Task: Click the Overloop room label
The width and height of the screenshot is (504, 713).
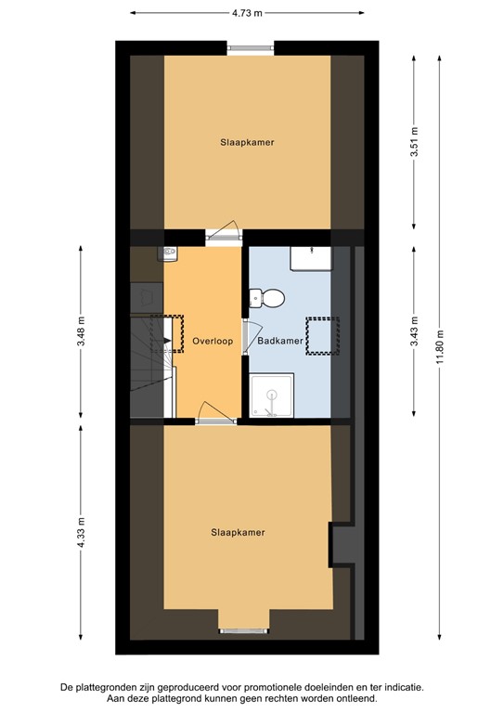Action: (213, 341)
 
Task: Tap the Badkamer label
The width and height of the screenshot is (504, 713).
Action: (280, 341)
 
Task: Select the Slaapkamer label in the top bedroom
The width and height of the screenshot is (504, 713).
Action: (247, 142)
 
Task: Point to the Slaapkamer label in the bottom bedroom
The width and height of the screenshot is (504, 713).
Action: (238, 532)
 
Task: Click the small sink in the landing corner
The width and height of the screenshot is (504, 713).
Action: (170, 253)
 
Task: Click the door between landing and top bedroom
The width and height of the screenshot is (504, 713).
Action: (223, 236)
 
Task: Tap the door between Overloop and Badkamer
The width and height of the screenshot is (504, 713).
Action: (245, 338)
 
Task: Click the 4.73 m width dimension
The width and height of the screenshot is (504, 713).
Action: (247, 13)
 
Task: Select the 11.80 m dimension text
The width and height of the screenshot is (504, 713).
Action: (443, 348)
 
